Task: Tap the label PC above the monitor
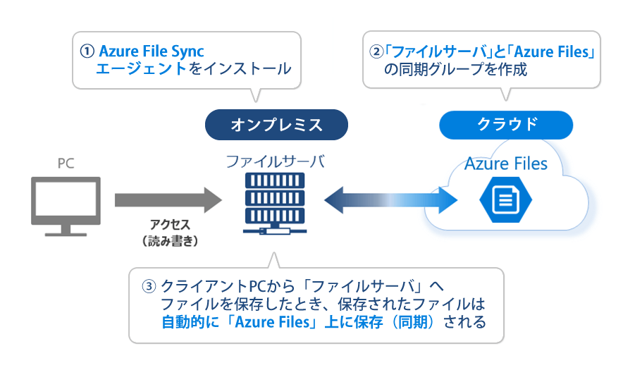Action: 66,164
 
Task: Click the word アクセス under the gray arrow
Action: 170,224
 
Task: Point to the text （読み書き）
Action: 170,240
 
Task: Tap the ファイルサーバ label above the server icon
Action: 275,161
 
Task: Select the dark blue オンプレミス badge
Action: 276,125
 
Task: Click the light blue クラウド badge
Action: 507,124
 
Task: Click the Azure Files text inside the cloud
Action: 505,164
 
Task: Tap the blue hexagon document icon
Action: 505,200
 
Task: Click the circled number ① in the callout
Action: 87,51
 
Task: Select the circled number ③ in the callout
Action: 148,287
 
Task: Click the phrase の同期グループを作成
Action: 455,69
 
